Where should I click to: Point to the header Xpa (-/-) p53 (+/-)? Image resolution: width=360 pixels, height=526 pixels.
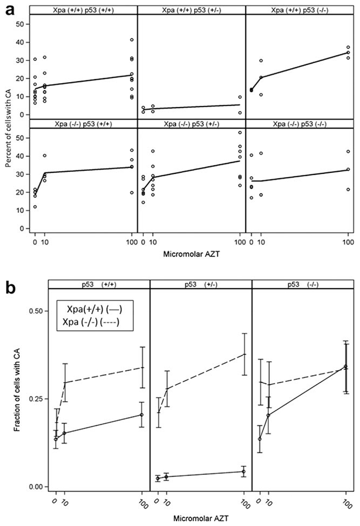tap(191, 123)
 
